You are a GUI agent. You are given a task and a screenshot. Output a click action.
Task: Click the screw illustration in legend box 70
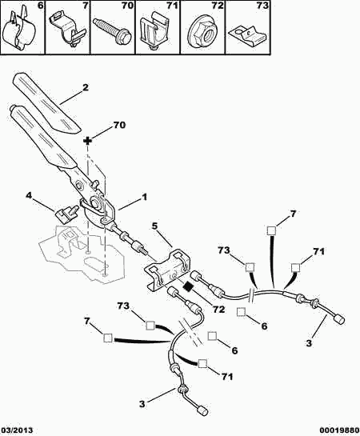(112, 31)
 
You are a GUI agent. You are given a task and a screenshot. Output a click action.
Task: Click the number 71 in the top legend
(171, 6)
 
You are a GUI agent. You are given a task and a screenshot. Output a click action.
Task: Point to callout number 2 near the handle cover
(86, 87)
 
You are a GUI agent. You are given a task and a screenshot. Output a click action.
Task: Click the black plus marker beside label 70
(87, 141)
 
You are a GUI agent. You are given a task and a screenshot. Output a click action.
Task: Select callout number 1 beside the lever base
(144, 197)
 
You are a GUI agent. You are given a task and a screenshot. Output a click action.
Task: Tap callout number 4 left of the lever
(28, 196)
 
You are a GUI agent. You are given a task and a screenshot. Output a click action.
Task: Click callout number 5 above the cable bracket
(154, 226)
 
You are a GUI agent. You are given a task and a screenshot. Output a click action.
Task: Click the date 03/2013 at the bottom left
(17, 430)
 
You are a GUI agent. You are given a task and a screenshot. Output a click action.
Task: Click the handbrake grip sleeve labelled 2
(46, 102)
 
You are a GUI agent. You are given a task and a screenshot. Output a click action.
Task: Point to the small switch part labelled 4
(66, 213)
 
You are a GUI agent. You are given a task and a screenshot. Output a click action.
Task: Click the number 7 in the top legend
(85, 6)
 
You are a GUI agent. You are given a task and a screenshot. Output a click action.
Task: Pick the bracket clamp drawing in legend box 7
(66, 29)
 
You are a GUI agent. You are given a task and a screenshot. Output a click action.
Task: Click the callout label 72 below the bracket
(218, 310)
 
